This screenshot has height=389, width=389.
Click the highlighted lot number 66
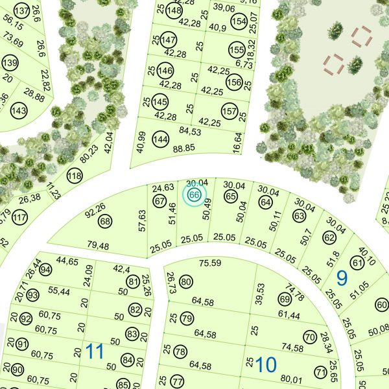[194, 194]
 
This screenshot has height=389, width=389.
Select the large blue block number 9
[342, 277]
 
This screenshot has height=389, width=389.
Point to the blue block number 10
[266, 364]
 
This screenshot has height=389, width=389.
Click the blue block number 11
[95, 352]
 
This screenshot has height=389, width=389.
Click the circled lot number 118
[76, 176]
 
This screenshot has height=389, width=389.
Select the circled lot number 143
[19, 111]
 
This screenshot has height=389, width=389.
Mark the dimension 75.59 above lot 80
[211, 263]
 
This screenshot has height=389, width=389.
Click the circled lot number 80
[187, 281]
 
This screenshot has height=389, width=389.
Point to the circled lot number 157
[229, 112]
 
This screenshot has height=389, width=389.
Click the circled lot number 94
[45, 268]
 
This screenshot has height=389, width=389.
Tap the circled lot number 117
[20, 217]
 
